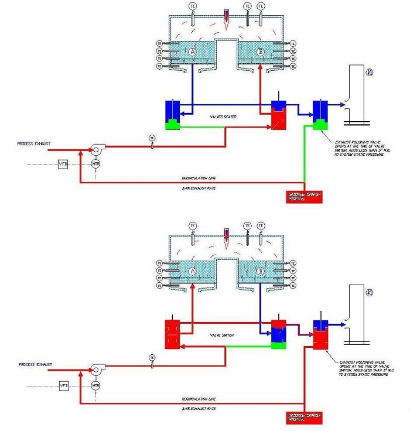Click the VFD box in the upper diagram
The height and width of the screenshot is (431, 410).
pyautogui.click(x=63, y=165)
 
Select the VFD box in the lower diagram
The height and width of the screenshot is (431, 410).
pyautogui.click(x=64, y=386)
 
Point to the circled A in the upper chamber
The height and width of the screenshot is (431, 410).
pyautogui.click(x=193, y=53)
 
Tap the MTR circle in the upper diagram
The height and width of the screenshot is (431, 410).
pyautogui.click(x=96, y=165)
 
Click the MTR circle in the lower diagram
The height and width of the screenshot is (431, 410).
pyautogui.click(x=96, y=386)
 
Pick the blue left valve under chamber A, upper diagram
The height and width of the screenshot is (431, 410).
pyautogui.click(x=172, y=114)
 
